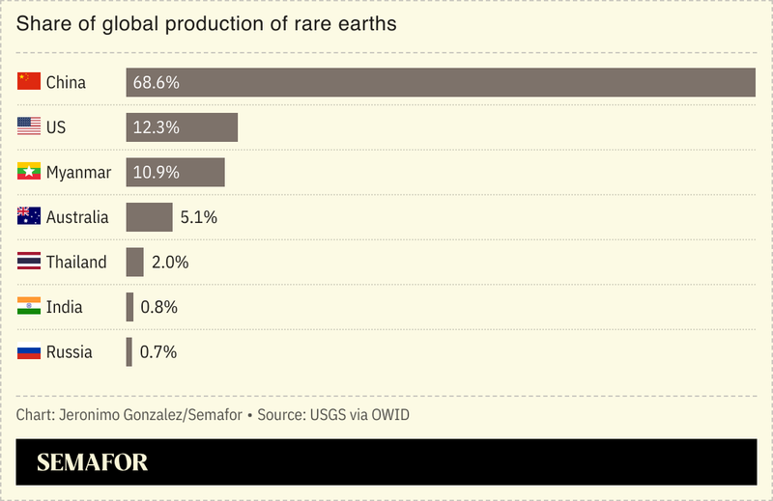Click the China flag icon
pyautogui.click(x=29, y=82)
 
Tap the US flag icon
pyautogui.click(x=29, y=126)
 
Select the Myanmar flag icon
pyautogui.click(x=29, y=172)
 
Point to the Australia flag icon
pyautogui.click(x=29, y=217)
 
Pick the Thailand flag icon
pyautogui.click(x=29, y=262)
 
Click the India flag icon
pyautogui.click(x=29, y=307)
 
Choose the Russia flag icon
pyautogui.click(x=29, y=351)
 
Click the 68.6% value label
pyautogui.click(x=157, y=82)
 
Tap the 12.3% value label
pyautogui.click(x=157, y=127)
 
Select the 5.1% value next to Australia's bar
pyautogui.click(x=199, y=217)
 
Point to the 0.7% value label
pyautogui.click(x=158, y=351)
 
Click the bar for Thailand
pyautogui.click(x=134, y=262)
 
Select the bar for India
pyautogui.click(x=129, y=307)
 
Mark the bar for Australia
pyautogui.click(x=149, y=217)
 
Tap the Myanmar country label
pyautogui.click(x=78, y=173)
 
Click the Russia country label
pyautogui.click(x=70, y=351)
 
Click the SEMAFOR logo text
pyautogui.click(x=92, y=462)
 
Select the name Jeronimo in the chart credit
pyautogui.click(x=92, y=415)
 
